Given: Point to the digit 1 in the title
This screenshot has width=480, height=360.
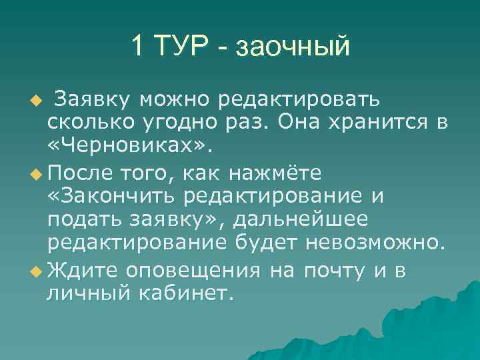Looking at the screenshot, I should point(137,46).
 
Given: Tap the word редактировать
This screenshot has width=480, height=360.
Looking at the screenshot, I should point(300,99).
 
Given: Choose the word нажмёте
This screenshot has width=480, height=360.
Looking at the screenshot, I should point(275,173).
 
